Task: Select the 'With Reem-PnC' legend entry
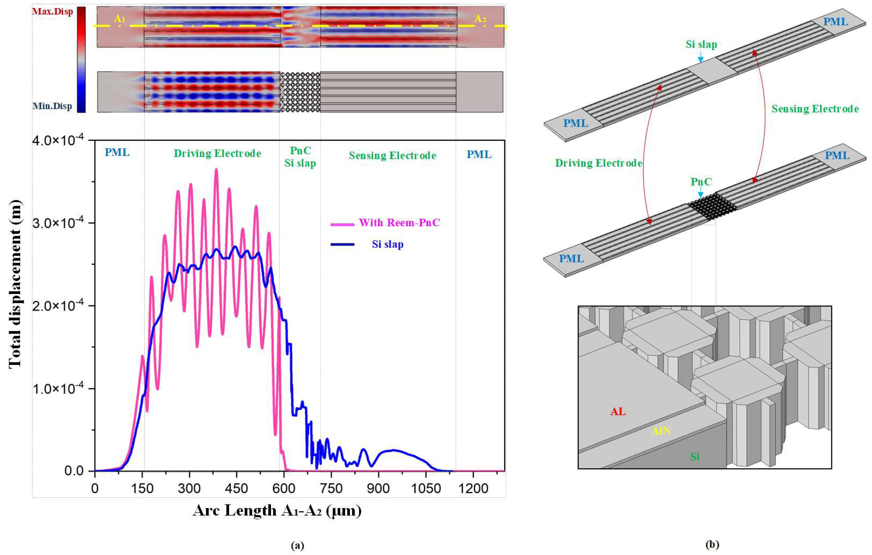pyautogui.click(x=399, y=223)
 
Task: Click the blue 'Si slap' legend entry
pyautogui.click(x=387, y=245)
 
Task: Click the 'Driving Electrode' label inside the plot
pyautogui.click(x=217, y=154)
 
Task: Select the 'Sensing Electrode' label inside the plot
pyautogui.click(x=393, y=156)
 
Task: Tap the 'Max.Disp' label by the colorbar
pyautogui.click(x=52, y=11)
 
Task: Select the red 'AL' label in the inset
pyautogui.click(x=618, y=412)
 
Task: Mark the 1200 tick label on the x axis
pyautogui.click(x=473, y=489)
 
